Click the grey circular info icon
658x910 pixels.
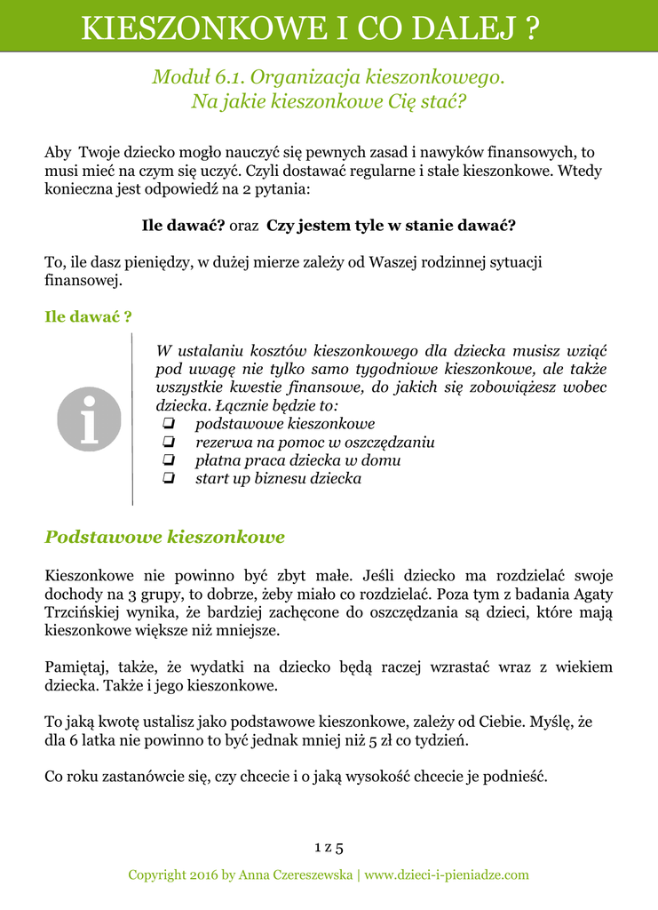click(x=89, y=419)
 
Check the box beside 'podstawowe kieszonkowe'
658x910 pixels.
click(x=169, y=424)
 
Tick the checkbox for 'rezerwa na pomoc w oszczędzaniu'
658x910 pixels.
click(x=169, y=443)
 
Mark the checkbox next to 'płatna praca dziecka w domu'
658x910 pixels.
click(x=169, y=460)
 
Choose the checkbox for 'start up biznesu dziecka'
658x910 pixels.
click(x=169, y=479)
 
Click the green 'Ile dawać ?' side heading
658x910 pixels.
click(x=89, y=316)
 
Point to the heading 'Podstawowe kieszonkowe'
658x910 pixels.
click(x=165, y=537)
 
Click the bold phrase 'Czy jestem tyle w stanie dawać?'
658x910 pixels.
click(x=391, y=226)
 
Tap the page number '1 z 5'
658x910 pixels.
click(x=329, y=846)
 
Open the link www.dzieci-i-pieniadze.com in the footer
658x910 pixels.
click(x=447, y=875)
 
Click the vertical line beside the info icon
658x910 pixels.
click(x=132, y=419)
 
